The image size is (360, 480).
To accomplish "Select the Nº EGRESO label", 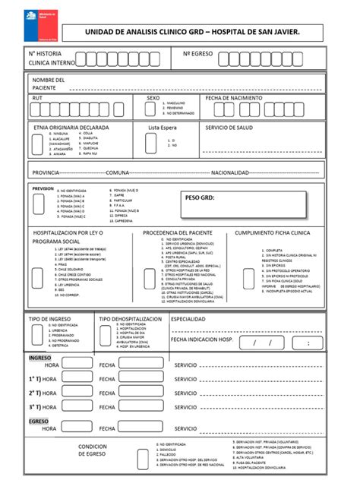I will (x=198, y=54).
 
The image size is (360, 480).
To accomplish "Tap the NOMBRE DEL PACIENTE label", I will (x=48, y=84).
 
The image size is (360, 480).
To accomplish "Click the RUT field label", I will (x=37, y=99).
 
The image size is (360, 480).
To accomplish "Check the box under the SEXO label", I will (x=153, y=109).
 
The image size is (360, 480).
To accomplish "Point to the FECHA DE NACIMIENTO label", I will (x=234, y=99).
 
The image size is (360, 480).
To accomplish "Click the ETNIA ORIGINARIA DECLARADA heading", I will (x=71, y=128).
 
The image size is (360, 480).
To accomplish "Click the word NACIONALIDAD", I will (x=229, y=172).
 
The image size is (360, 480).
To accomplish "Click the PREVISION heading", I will (x=43, y=188).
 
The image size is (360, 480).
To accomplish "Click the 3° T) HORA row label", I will (x=43, y=408).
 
